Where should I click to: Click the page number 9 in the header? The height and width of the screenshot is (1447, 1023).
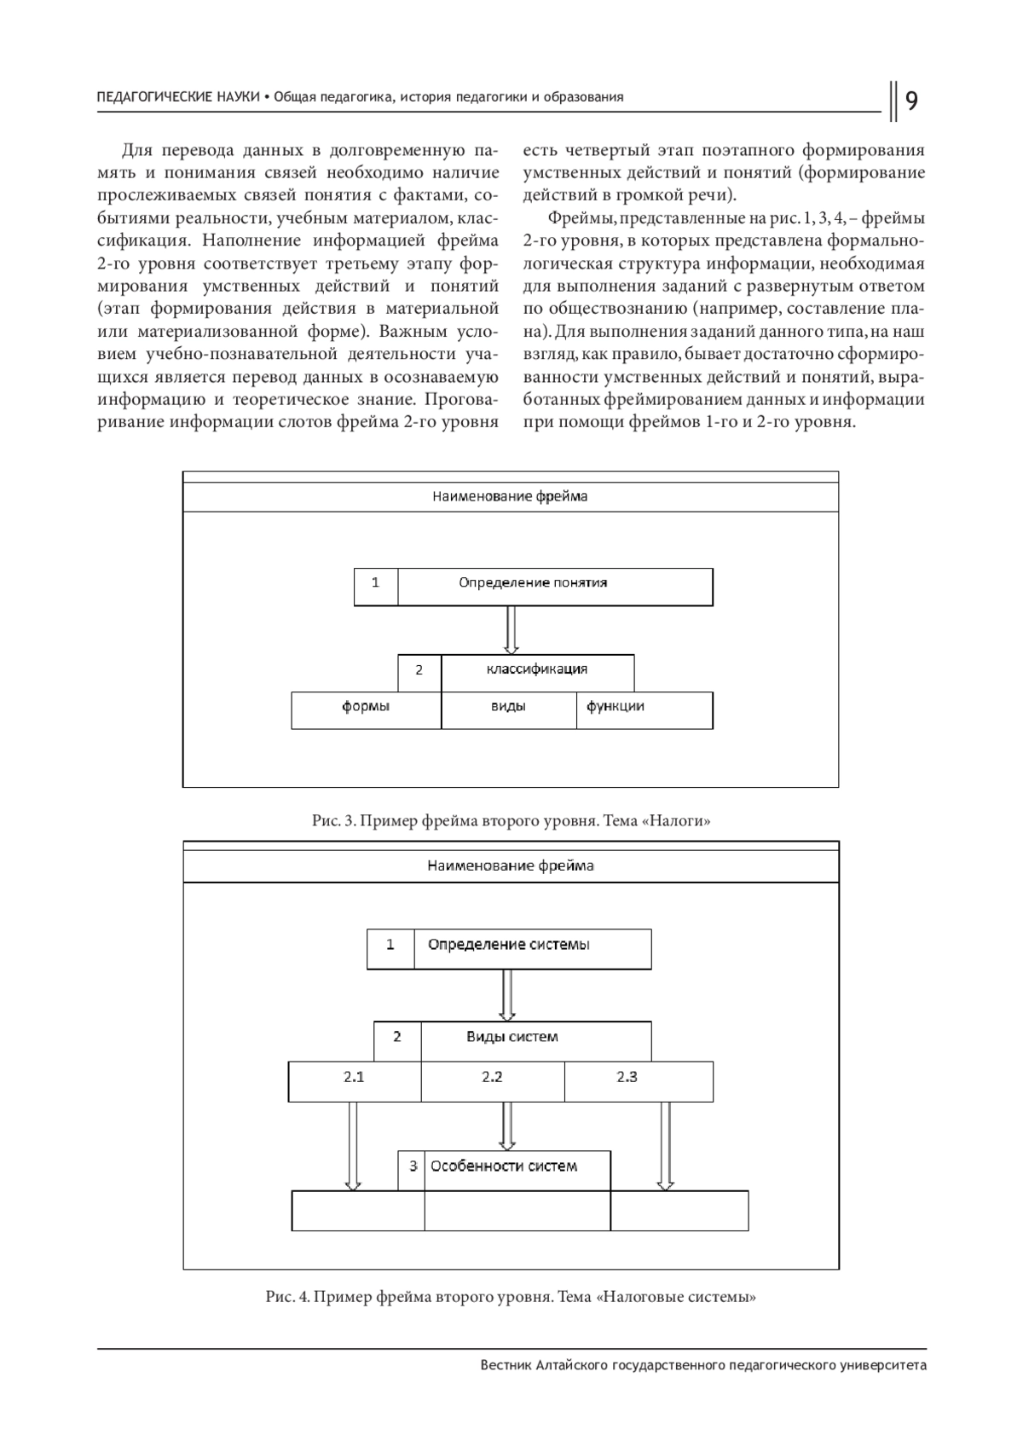coord(910,101)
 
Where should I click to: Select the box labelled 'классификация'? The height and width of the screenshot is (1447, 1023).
coord(537,672)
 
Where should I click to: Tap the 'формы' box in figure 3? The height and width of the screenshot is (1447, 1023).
coord(366,710)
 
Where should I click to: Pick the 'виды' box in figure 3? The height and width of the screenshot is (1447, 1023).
coord(508,710)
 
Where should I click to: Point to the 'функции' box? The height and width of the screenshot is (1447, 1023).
coord(644,710)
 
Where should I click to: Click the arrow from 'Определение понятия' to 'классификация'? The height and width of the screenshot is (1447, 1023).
coord(511,629)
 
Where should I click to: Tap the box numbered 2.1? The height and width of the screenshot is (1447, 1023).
coord(354,1081)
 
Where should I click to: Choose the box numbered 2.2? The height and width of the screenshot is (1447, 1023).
coord(492,1081)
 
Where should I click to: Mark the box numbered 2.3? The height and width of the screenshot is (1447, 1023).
coord(638,1081)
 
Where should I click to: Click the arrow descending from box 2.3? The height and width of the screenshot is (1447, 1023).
coord(666,1145)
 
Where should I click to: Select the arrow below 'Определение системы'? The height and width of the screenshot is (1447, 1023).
coord(507,994)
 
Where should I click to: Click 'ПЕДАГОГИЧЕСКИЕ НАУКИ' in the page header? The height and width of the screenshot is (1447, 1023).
coord(178,97)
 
